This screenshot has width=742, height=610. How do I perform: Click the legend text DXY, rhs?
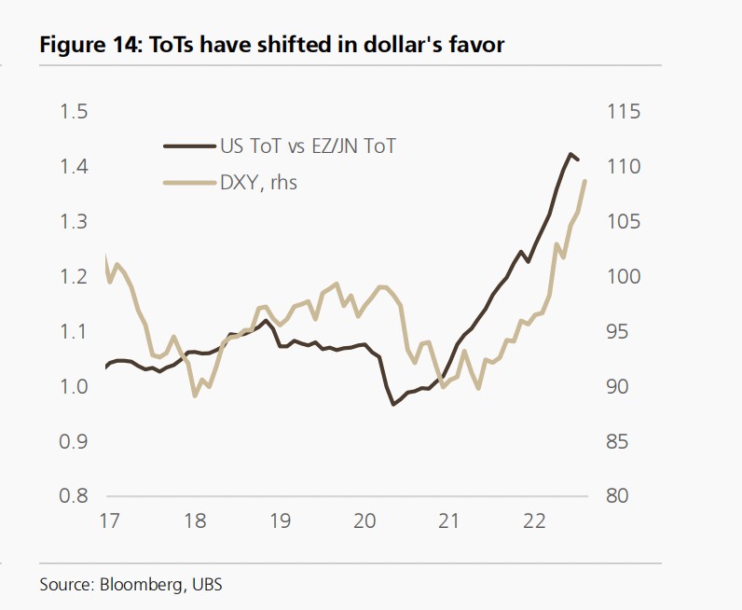259,183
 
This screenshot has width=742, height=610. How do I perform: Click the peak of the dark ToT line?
570,154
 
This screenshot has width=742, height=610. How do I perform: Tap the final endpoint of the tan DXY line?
584,181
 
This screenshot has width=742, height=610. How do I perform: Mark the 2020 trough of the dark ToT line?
393,404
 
